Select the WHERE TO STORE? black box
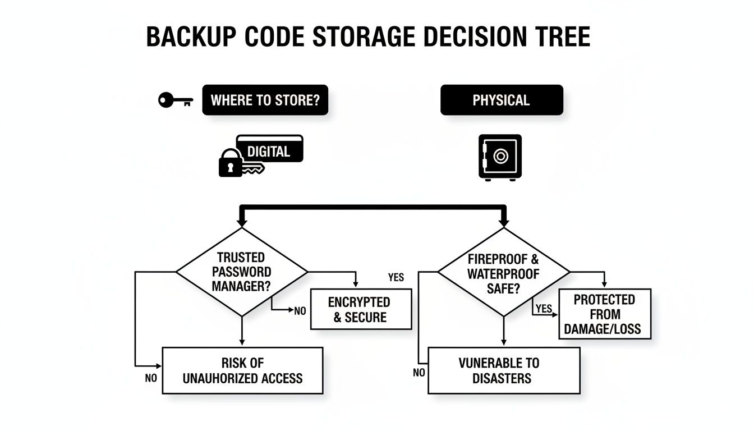point(265,100)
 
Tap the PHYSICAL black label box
point(501,100)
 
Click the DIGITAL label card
point(269,150)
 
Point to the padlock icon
point(229,163)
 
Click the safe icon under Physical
point(500,157)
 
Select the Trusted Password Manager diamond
point(242,272)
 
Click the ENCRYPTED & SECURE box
point(359,309)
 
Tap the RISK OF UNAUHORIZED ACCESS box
point(242,370)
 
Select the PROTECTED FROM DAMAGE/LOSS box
point(605,314)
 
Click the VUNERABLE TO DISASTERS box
point(503,370)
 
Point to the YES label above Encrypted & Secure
point(396,278)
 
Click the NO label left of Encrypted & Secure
point(300,311)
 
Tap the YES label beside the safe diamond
point(544,309)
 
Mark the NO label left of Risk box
point(151,379)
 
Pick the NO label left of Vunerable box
point(419,373)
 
